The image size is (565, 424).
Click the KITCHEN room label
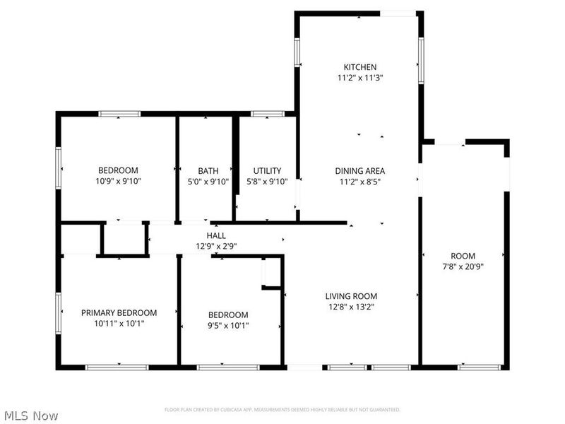click(359, 67)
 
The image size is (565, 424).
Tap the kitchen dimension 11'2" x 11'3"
click(359, 78)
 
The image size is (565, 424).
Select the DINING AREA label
click(359, 170)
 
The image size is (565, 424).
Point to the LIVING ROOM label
click(351, 296)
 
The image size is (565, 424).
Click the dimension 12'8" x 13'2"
click(351, 307)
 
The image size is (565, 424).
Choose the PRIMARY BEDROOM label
click(119, 312)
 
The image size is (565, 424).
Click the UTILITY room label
click(267, 170)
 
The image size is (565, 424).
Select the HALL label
click(216, 235)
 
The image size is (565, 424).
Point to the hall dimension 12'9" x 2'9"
click(216, 247)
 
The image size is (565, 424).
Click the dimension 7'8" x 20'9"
click(463, 266)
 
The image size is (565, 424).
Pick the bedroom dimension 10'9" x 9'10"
click(118, 182)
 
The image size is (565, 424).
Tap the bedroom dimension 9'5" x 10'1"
click(228, 326)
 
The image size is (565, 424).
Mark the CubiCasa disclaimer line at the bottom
click(282, 410)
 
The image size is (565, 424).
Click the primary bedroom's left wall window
click(59, 313)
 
